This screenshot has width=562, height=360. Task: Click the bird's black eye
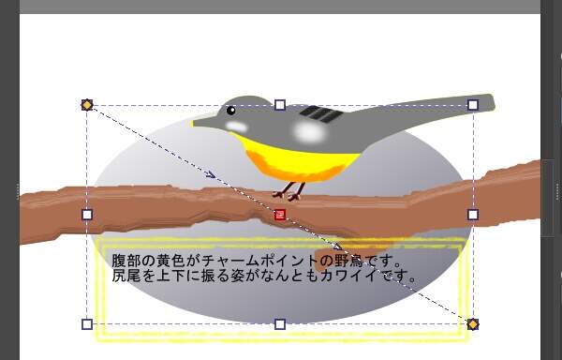click(230, 111)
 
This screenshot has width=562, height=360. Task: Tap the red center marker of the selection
click(279, 215)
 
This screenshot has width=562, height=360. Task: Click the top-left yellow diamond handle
click(87, 104)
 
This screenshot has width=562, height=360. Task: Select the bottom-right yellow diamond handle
click(473, 324)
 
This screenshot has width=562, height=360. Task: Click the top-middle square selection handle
click(280, 105)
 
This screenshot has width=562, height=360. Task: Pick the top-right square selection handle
click(473, 105)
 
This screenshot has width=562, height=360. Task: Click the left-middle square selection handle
click(87, 215)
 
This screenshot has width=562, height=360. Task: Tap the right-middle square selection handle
click(473, 215)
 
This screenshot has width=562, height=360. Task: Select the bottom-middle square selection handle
click(280, 324)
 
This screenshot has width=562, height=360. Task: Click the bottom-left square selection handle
click(87, 324)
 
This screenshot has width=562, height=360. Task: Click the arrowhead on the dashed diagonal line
click(212, 174)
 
